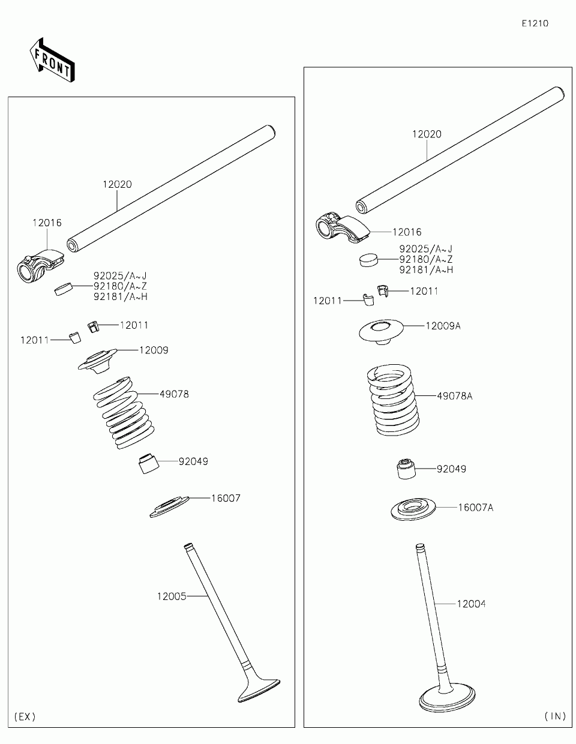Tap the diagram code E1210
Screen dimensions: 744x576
[535, 23]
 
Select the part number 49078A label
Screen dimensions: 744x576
[454, 396]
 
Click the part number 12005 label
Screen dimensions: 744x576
[172, 596]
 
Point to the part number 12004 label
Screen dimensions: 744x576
[471, 604]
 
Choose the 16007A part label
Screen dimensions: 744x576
[475, 508]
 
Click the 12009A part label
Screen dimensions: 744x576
[443, 326]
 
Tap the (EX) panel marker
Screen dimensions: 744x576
[25, 716]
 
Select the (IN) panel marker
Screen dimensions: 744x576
[555, 716]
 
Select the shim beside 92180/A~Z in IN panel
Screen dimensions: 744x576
[370, 259]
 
